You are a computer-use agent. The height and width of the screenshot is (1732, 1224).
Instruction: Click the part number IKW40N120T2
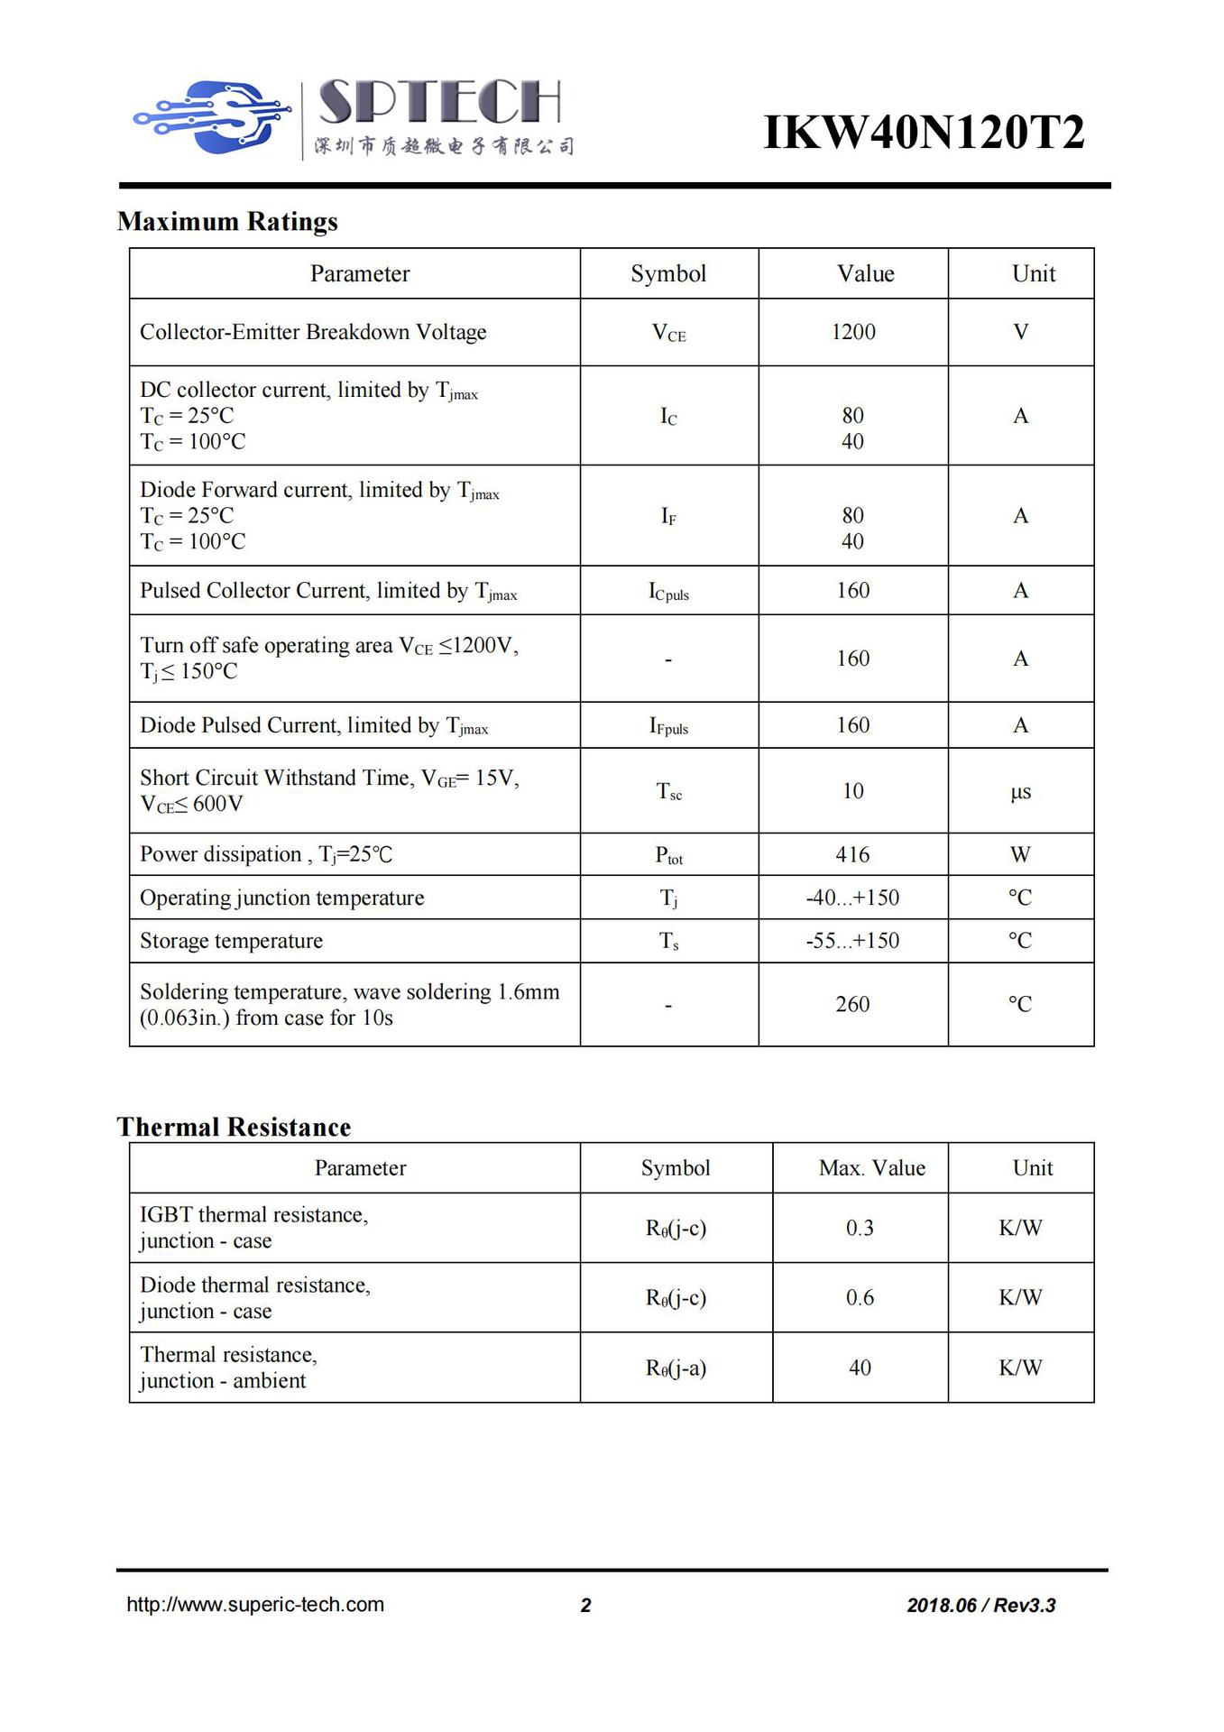click(923, 133)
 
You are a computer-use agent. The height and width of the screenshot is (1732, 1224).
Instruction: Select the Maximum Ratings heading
click(227, 222)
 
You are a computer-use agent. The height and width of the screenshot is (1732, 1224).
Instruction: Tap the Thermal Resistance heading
click(234, 1127)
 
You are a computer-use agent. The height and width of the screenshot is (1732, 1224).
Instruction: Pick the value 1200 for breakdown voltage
click(853, 332)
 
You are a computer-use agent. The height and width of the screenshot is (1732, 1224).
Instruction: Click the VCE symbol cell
click(668, 333)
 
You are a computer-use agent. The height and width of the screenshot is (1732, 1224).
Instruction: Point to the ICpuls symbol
click(668, 592)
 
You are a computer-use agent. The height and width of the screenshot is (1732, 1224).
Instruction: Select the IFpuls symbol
click(668, 726)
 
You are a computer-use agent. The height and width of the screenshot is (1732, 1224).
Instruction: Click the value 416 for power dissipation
click(852, 854)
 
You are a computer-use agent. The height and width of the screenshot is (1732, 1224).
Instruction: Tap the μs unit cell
click(1020, 792)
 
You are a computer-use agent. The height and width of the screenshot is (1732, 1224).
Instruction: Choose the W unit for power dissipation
click(1020, 854)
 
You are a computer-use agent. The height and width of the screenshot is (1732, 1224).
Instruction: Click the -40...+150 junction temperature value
click(852, 898)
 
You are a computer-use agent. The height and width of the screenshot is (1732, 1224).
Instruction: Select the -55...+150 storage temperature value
click(852, 941)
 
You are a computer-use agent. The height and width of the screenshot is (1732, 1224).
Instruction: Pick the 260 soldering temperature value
click(852, 1004)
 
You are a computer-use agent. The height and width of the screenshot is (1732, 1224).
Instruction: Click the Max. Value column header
click(871, 1168)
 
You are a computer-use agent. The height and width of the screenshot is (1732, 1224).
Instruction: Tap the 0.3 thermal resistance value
click(860, 1228)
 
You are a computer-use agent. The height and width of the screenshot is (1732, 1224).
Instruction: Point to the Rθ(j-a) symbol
click(676, 1368)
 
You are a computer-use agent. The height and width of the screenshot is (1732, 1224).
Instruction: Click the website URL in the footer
click(255, 1605)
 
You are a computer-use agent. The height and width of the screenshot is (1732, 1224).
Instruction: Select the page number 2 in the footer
click(585, 1606)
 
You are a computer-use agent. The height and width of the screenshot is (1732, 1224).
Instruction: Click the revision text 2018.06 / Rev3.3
click(980, 1606)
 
